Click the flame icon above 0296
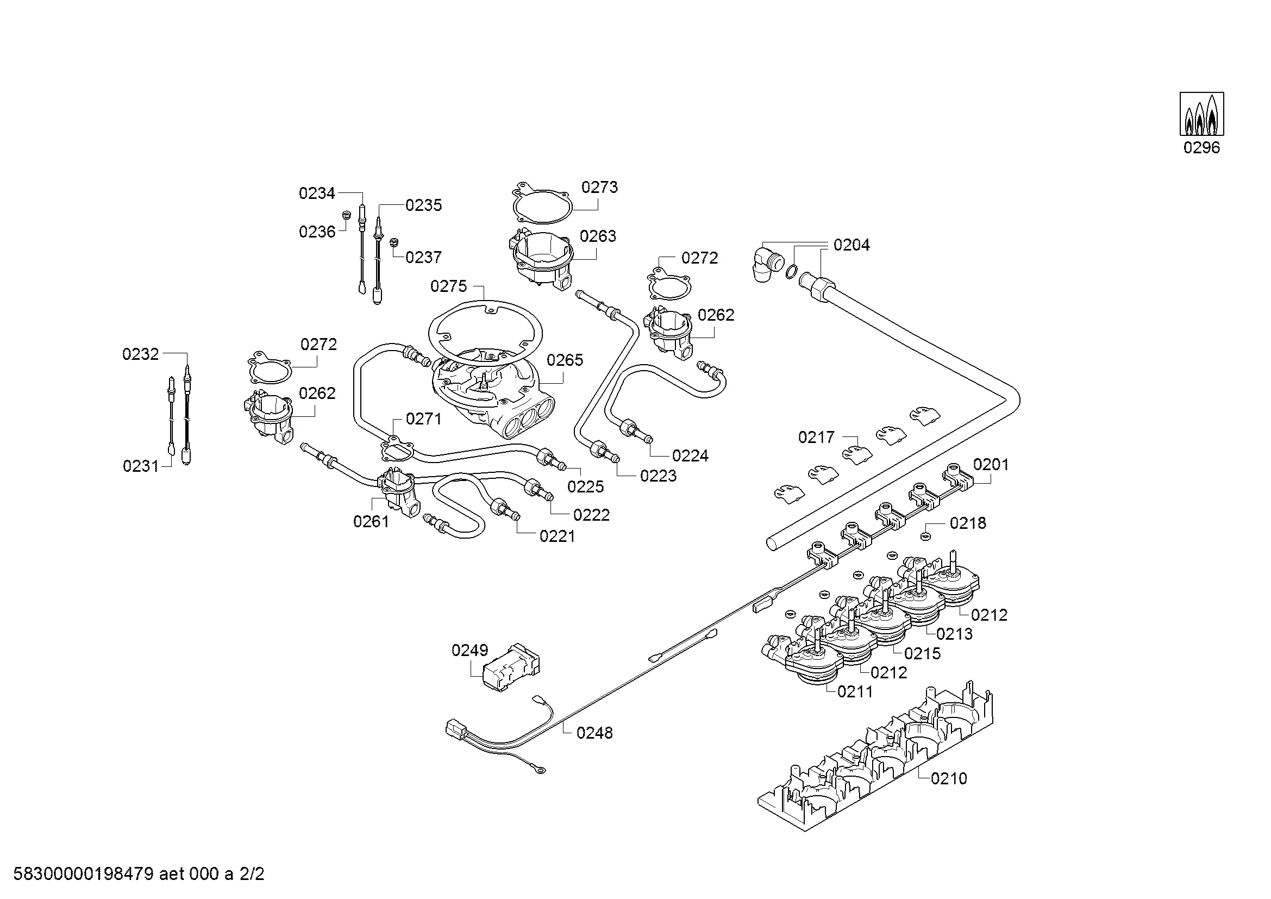(1201, 114)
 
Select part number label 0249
(469, 650)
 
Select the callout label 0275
(448, 286)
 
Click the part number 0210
(949, 778)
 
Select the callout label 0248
(594, 733)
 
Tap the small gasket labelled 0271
(397, 449)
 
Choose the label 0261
(371, 521)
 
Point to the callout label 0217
(816, 438)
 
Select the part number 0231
(141, 466)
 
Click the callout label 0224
(690, 455)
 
